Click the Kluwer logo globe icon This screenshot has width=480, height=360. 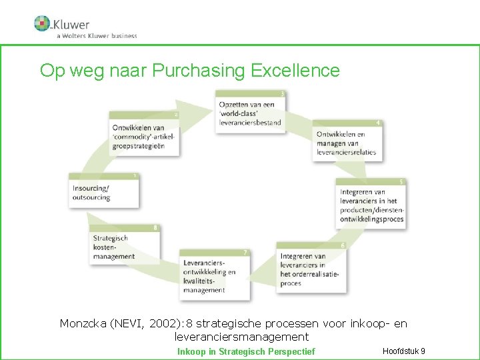tap(42, 23)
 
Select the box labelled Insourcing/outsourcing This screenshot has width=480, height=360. tap(104, 192)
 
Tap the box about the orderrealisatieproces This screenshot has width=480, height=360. tap(311, 269)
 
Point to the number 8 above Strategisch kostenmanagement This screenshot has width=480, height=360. tap(155, 227)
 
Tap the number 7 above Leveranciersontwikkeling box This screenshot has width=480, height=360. tap(246, 253)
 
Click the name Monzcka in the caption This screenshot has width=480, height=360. tap(82, 324)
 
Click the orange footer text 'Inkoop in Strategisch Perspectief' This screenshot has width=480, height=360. tap(245, 351)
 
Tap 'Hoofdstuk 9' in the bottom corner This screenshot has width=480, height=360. tap(404, 351)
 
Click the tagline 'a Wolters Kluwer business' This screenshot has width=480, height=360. tap(97, 35)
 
